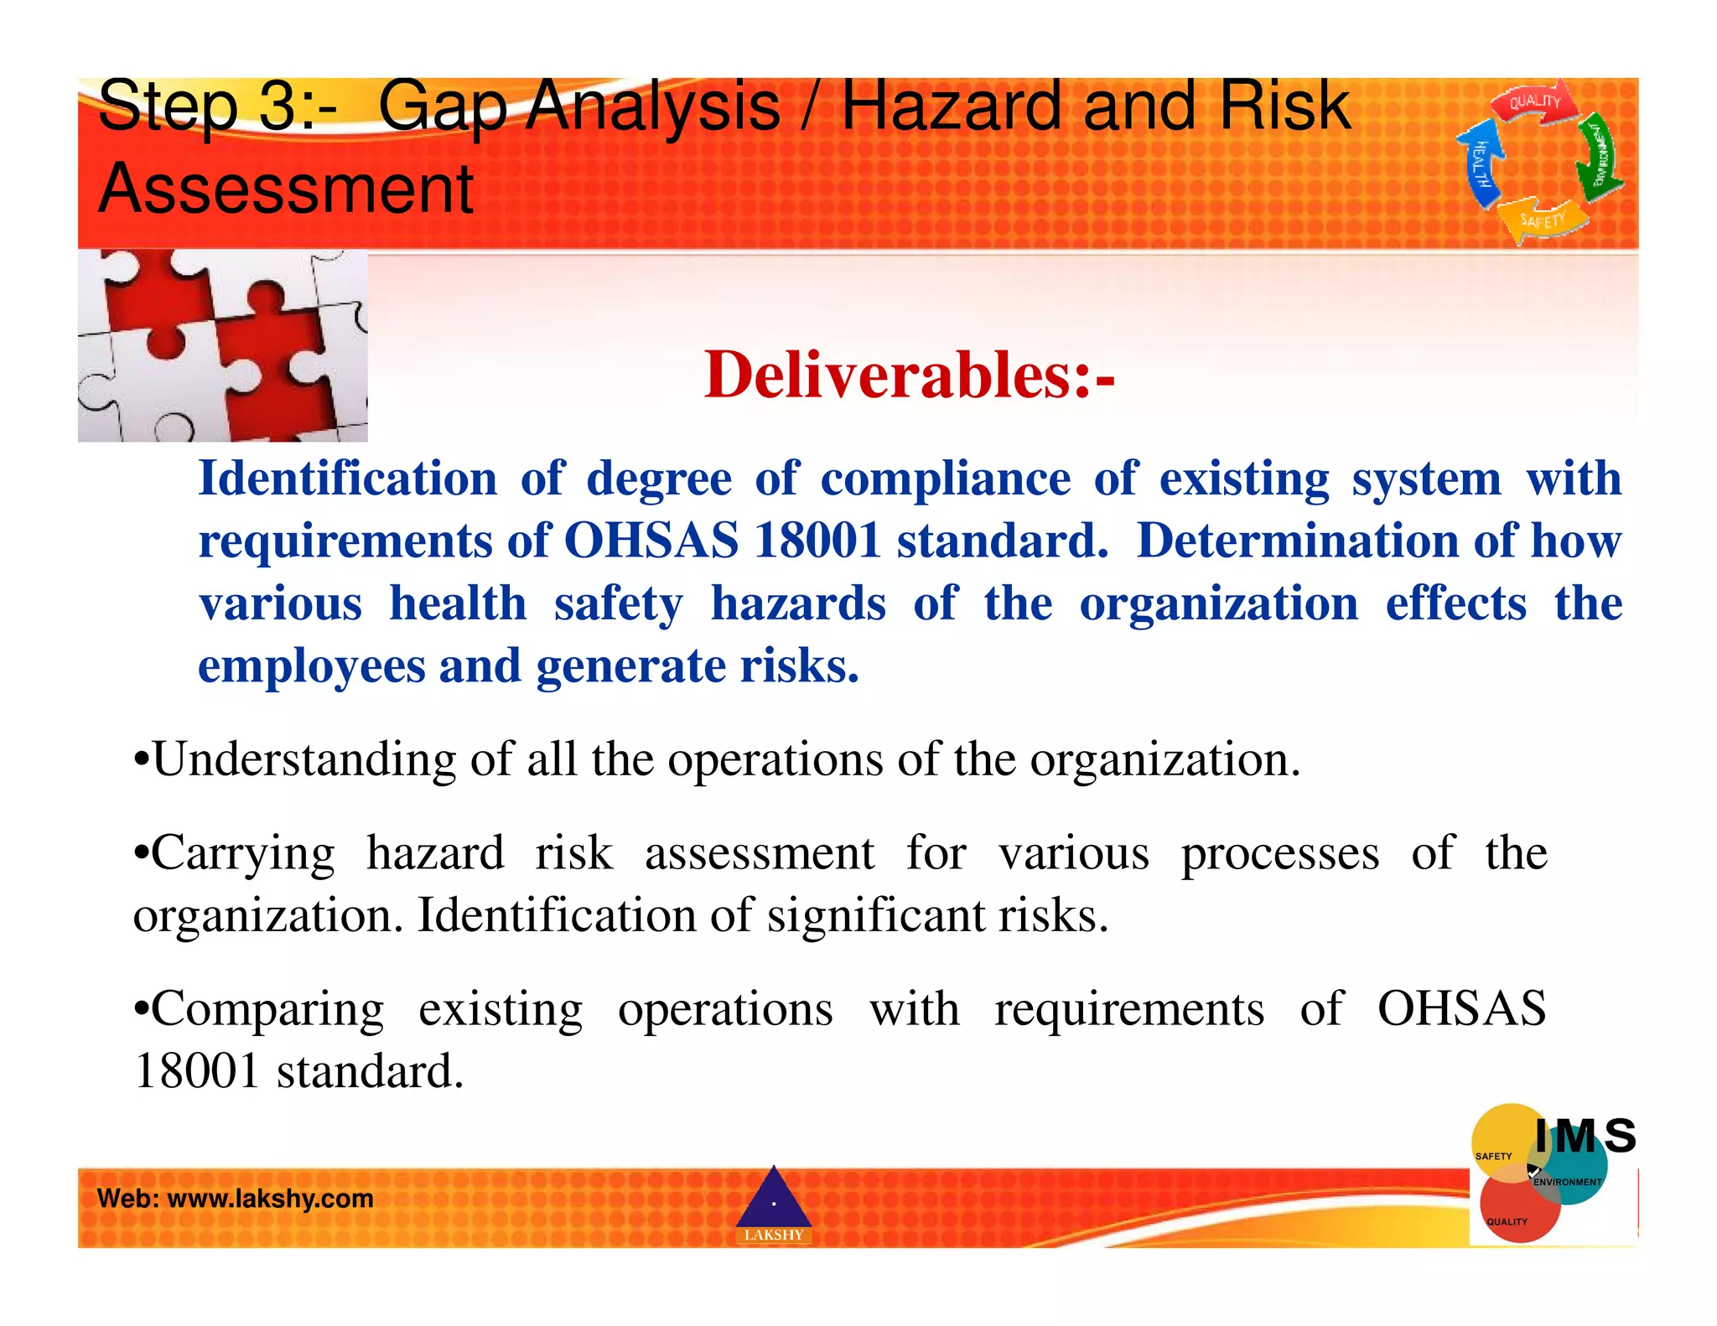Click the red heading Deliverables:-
909,375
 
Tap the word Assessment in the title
286,189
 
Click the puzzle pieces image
222,345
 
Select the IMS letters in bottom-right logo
1585,1137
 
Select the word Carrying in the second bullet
243,855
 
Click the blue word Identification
348,479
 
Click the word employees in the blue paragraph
312,667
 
